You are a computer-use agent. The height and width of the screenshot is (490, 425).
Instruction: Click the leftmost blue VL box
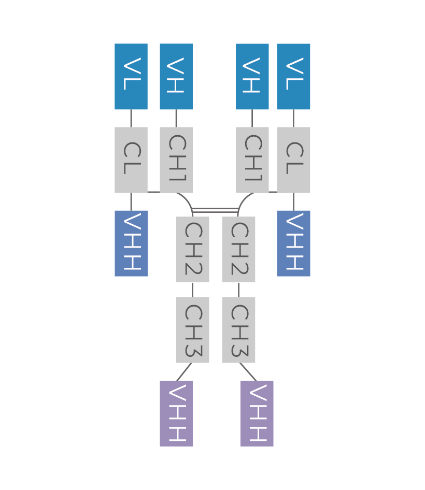click(x=131, y=77)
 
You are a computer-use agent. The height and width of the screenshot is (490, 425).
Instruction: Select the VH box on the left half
click(x=176, y=77)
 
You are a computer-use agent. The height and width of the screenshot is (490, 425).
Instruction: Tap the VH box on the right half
click(x=252, y=77)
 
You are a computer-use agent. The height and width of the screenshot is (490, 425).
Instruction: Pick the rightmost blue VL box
click(x=293, y=77)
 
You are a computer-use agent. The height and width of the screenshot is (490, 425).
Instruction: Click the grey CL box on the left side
click(x=131, y=160)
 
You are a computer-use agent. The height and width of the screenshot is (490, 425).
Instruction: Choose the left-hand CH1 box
click(x=176, y=160)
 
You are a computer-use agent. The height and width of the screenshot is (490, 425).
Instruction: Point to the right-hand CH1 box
click(x=252, y=160)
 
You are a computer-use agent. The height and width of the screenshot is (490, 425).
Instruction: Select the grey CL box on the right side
click(x=293, y=160)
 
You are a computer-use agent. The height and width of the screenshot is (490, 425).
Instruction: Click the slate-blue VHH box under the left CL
click(x=131, y=243)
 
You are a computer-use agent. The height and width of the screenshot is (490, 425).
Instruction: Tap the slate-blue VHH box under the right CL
click(x=293, y=243)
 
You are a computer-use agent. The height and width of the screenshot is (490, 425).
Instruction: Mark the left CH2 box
click(x=192, y=249)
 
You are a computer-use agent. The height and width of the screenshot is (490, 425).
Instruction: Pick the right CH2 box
click(x=238, y=249)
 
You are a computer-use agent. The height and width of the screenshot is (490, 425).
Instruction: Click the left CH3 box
click(x=192, y=330)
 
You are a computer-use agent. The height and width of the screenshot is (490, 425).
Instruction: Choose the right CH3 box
click(x=238, y=330)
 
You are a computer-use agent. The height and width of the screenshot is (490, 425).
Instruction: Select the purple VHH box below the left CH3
click(x=176, y=413)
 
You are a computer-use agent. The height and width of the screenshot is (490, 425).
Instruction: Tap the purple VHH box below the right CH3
click(x=257, y=413)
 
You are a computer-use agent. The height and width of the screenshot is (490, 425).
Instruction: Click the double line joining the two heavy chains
click(x=215, y=210)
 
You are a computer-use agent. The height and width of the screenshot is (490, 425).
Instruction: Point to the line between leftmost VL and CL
click(x=131, y=118)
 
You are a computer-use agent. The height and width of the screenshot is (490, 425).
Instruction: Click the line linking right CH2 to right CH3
click(x=238, y=290)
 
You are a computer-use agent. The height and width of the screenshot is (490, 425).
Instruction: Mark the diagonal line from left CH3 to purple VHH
click(x=184, y=372)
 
